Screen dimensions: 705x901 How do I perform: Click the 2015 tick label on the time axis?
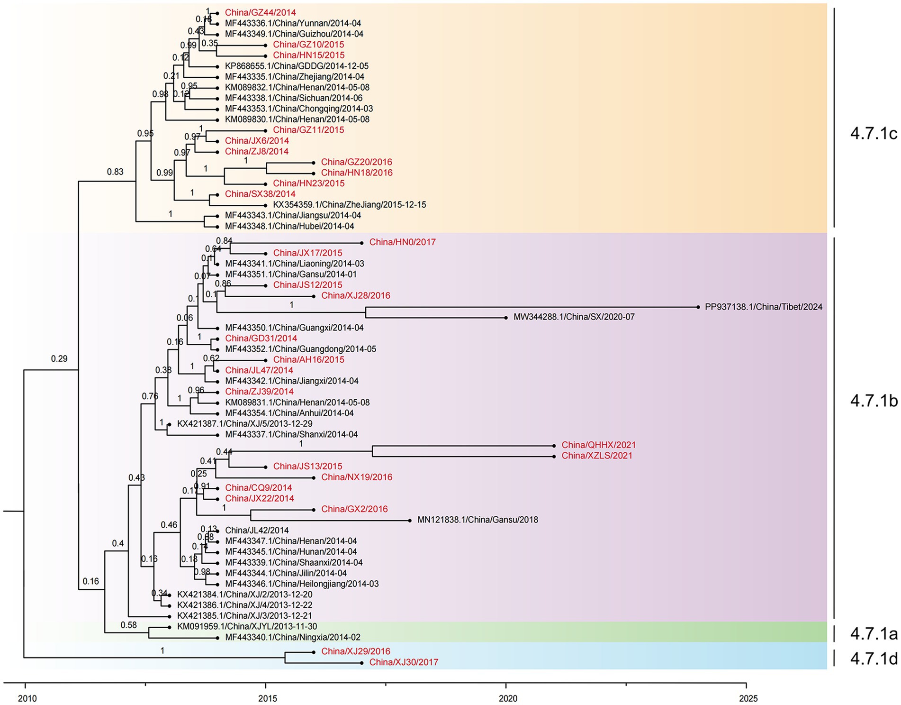click(268, 698)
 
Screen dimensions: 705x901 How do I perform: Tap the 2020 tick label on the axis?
click(508, 698)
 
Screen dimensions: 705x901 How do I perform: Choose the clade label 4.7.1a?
click(874, 633)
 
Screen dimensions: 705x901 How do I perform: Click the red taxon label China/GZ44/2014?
click(260, 13)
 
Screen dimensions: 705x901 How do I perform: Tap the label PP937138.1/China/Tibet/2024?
click(763, 307)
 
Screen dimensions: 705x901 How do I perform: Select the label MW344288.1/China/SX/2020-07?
click(574, 317)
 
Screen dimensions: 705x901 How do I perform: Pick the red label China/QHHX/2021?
click(598, 445)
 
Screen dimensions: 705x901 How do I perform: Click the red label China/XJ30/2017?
click(404, 662)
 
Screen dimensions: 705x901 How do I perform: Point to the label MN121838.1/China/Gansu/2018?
click(478, 520)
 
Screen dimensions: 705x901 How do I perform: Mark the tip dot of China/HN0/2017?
click(361, 243)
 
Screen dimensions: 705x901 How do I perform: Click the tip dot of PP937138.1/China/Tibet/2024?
click(698, 307)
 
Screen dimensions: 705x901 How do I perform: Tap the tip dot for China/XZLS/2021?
click(554, 457)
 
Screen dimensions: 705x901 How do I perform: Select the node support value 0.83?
click(115, 172)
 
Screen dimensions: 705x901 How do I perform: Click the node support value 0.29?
click(59, 359)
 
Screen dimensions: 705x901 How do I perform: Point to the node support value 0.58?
click(128, 625)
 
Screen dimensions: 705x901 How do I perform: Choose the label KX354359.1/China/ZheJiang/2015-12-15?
click(349, 205)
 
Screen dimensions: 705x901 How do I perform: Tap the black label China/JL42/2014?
click(257, 530)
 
